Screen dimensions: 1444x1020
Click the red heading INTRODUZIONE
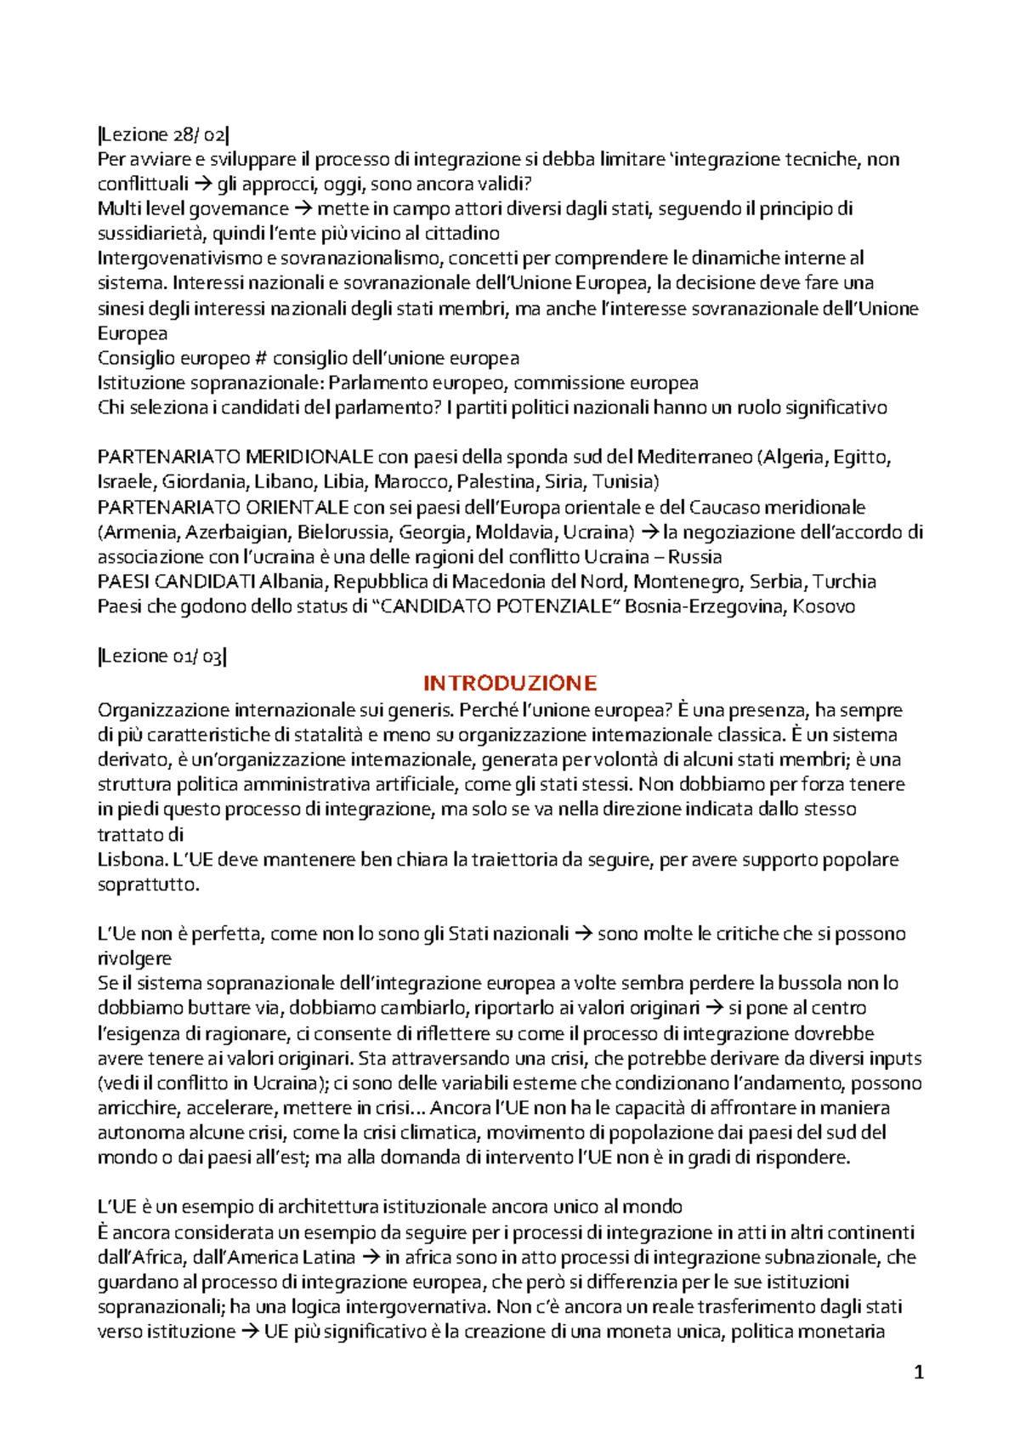click(510, 683)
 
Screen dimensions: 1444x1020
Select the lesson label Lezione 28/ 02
click(163, 134)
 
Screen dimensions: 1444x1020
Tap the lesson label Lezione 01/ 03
click(162, 657)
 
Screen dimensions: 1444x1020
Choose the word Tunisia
click(625, 482)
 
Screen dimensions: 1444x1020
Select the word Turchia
click(844, 582)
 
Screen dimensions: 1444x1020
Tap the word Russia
click(695, 557)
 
